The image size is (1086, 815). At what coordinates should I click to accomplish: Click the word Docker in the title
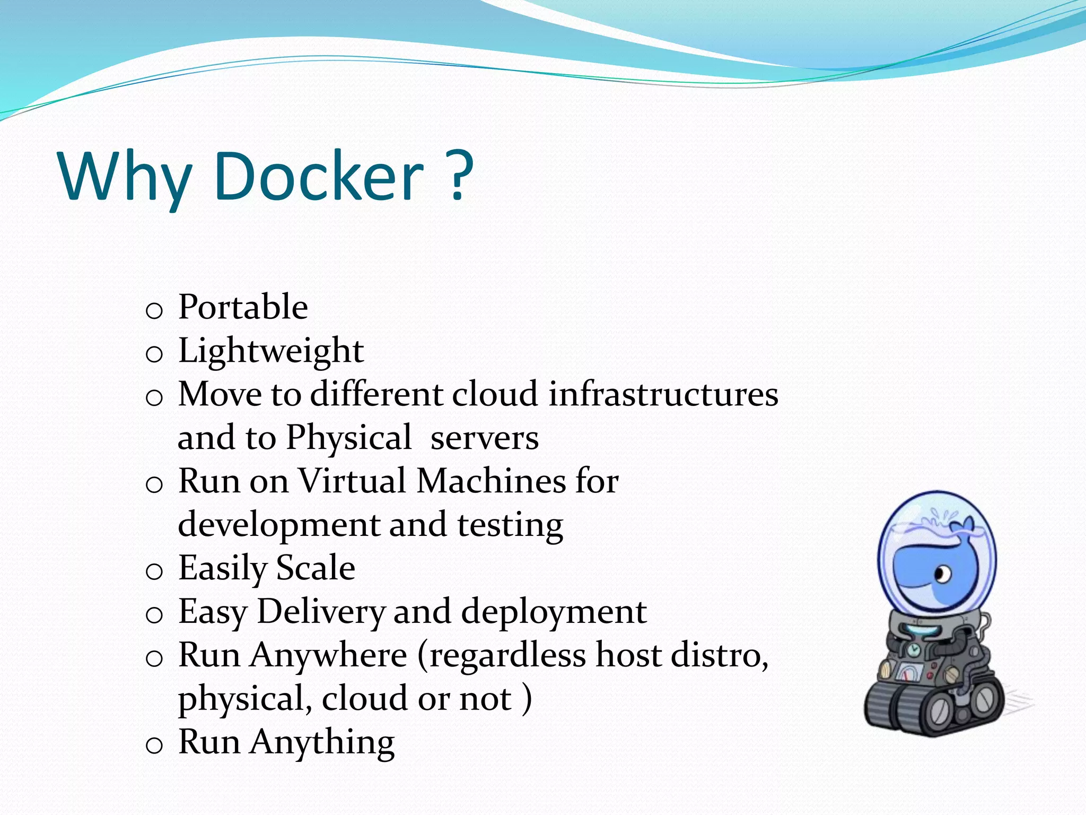click(x=319, y=176)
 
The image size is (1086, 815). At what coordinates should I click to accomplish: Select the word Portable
click(x=243, y=307)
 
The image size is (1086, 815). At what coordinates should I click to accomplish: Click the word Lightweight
click(x=271, y=351)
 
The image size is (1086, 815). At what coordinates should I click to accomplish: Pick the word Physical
click(x=348, y=438)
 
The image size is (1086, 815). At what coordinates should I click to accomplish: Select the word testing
click(x=510, y=525)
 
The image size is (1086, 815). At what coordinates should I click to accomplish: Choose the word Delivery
click(x=321, y=612)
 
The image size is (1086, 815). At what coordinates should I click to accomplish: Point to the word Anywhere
click(x=329, y=655)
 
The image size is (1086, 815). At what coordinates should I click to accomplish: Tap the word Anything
click(x=322, y=742)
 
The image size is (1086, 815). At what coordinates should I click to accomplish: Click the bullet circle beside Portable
click(x=154, y=310)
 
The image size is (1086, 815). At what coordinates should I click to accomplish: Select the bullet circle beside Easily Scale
click(x=154, y=571)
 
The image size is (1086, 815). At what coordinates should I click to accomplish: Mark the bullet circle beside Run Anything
click(x=154, y=745)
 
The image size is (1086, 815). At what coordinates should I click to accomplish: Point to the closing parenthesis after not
click(x=527, y=699)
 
